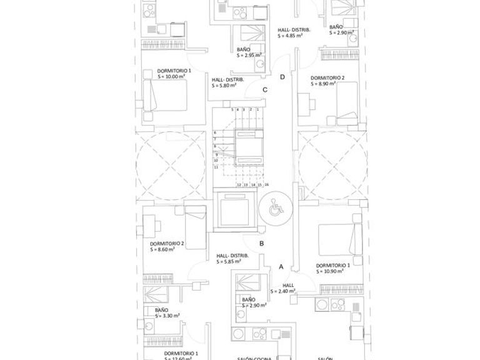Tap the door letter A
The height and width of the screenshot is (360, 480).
click(281, 267)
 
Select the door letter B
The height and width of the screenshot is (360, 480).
click(262, 244)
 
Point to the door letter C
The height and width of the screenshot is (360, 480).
click(265, 90)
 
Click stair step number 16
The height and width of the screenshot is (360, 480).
click(267, 185)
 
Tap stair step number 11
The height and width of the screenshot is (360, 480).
click(216, 167)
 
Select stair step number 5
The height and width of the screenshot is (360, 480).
click(232, 110)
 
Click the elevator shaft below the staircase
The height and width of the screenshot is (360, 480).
click(236, 211)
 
